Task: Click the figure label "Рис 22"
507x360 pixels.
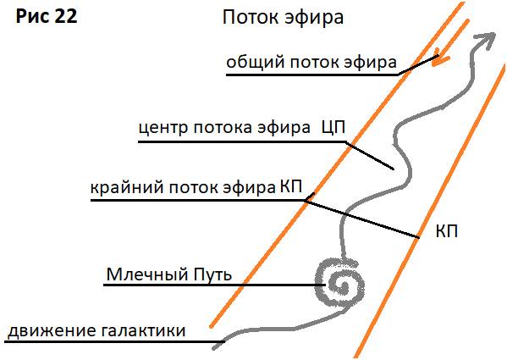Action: (x=47, y=16)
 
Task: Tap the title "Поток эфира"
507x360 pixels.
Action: (x=283, y=18)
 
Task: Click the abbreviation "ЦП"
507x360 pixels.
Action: (x=333, y=127)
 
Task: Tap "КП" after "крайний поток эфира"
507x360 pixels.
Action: (x=290, y=186)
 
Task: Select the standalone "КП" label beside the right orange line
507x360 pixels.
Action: (x=447, y=231)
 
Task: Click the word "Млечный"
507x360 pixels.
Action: (x=147, y=274)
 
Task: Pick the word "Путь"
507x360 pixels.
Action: (x=212, y=275)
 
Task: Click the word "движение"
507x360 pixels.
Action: (x=52, y=331)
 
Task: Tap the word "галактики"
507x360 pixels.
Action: (x=143, y=331)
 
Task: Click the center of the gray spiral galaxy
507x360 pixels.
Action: (x=342, y=285)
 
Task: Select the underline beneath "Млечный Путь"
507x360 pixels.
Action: (x=214, y=285)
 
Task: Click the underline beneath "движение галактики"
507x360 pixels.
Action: (x=114, y=341)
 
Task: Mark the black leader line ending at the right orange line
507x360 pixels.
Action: (x=361, y=219)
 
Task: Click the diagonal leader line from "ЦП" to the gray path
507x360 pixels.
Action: (x=370, y=156)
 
